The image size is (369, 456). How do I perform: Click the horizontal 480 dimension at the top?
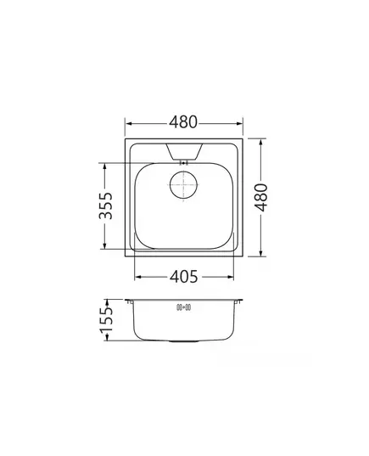[183, 122]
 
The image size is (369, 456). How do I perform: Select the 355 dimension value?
[105, 205]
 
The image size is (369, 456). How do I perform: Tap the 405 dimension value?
[183, 277]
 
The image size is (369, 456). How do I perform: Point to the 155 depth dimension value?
[106, 320]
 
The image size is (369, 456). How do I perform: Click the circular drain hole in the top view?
[183, 185]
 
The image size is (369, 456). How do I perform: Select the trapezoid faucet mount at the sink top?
[184, 151]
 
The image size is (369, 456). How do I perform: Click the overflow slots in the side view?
[183, 307]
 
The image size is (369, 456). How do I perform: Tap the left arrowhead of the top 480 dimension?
[129, 124]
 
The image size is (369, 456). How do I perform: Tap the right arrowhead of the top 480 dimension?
[239, 124]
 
